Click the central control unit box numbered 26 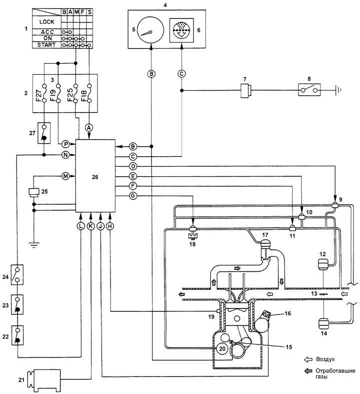[95, 176]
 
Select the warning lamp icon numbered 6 [181, 30]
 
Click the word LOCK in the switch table [46, 22]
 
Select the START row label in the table [46, 45]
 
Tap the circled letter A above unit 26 [89, 128]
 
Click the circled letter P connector [65, 144]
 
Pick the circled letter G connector [133, 195]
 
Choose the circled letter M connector [65, 176]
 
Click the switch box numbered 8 [309, 90]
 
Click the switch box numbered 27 [44, 133]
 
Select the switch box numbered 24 [17, 275]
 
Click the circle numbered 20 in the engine [222, 348]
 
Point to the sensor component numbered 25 [34, 192]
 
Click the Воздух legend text [325, 359]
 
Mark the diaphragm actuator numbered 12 [322, 264]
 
